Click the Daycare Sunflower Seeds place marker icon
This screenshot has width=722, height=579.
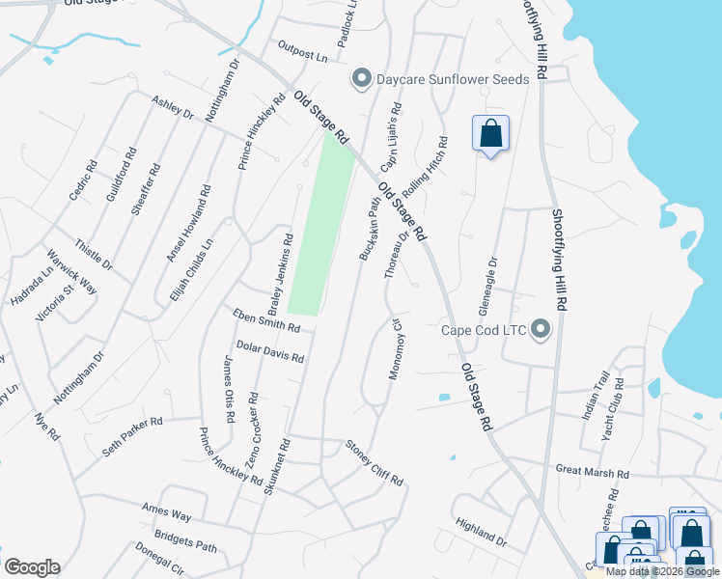pos(362,79)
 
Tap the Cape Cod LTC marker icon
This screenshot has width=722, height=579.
pos(541,331)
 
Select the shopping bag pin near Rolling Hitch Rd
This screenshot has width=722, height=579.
pos(490,133)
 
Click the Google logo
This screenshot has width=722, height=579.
pos(32,567)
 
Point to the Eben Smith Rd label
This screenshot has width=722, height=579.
pos(266,320)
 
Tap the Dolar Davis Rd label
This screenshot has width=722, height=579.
pos(270,350)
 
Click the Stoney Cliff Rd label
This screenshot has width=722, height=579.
pos(374,462)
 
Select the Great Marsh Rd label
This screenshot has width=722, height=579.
pos(593,473)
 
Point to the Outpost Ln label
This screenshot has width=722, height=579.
pos(302,52)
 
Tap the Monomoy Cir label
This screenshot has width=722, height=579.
pos(394,346)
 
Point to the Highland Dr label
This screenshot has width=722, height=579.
pos(480,533)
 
